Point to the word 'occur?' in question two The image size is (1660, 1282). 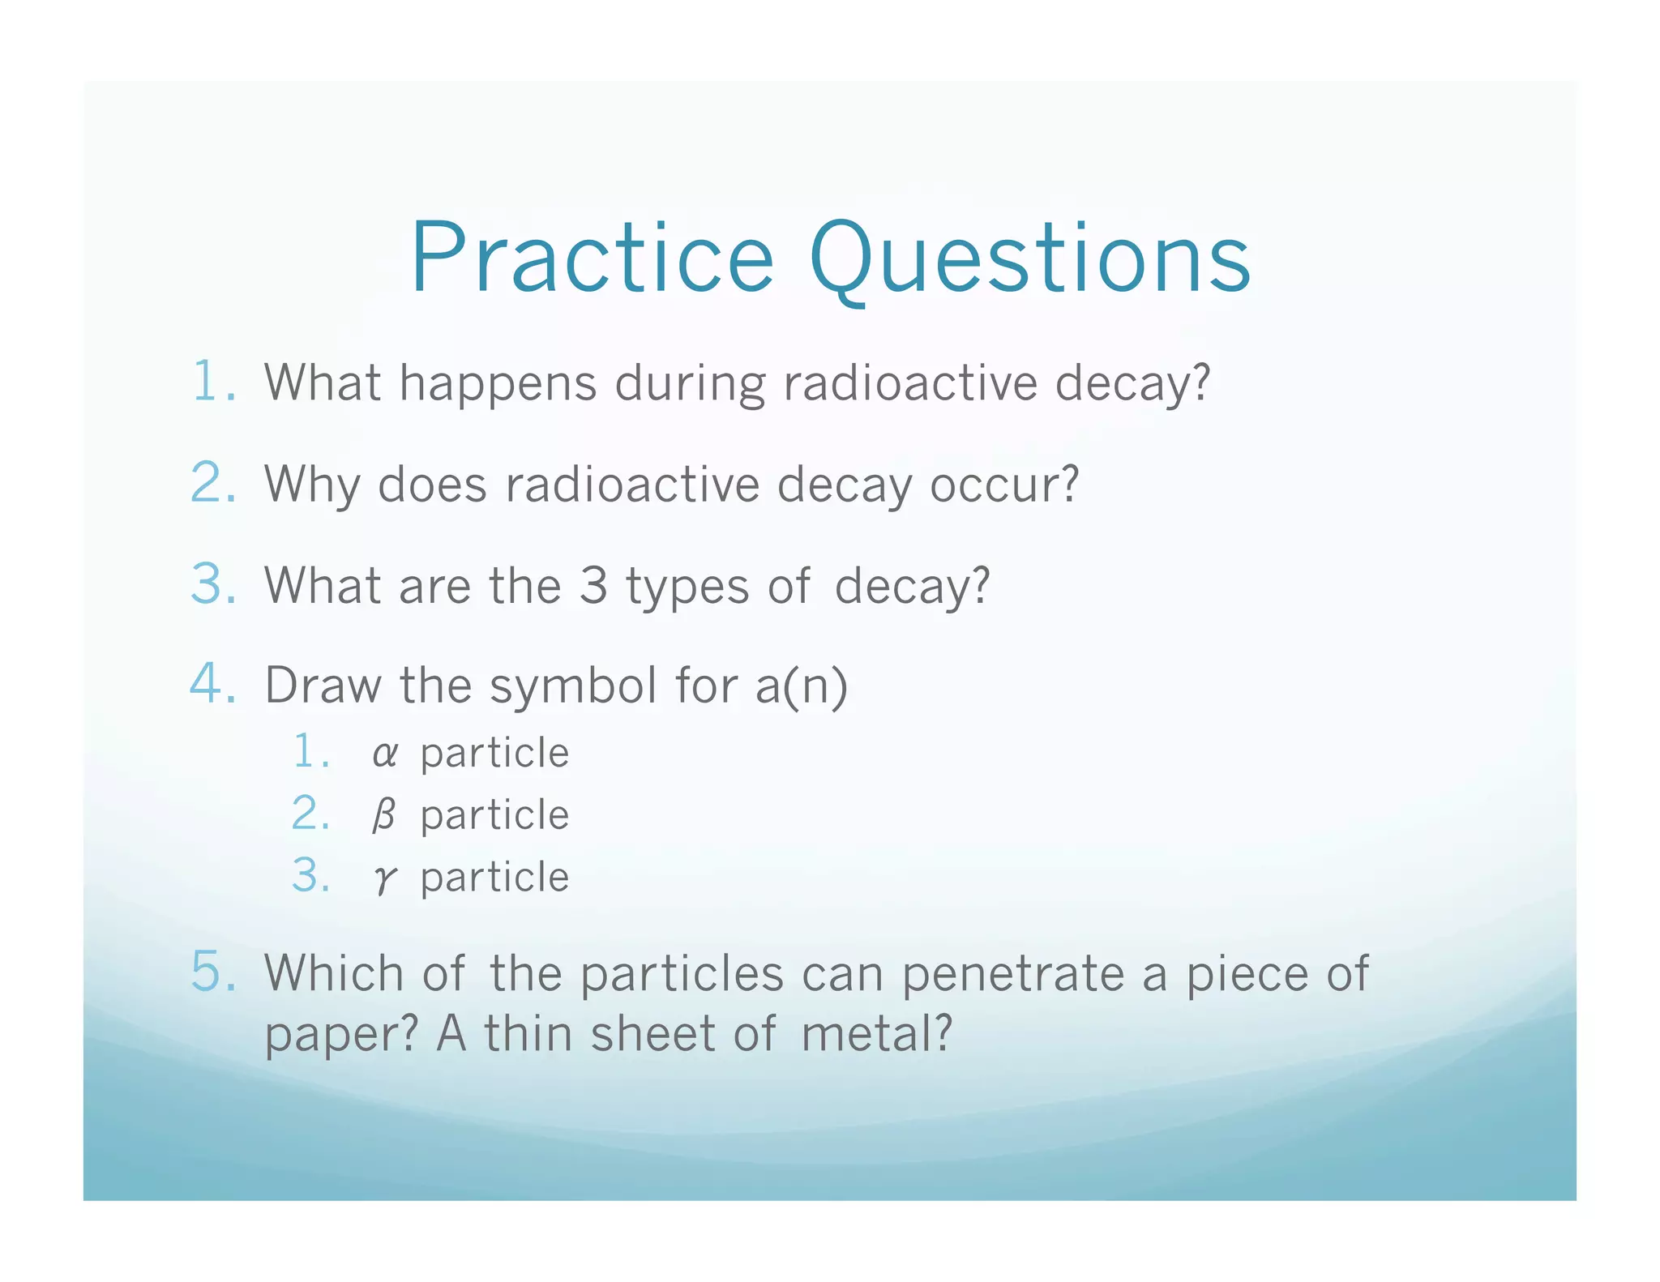coord(1003,485)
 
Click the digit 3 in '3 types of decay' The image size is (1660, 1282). coord(593,585)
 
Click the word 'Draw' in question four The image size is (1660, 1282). coord(323,686)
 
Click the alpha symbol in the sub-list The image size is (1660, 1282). coord(384,754)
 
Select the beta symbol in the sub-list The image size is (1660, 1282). coord(383,815)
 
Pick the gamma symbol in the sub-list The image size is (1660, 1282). coord(384,878)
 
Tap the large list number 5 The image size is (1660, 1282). coord(212,971)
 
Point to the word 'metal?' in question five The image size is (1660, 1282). coord(875,1035)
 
